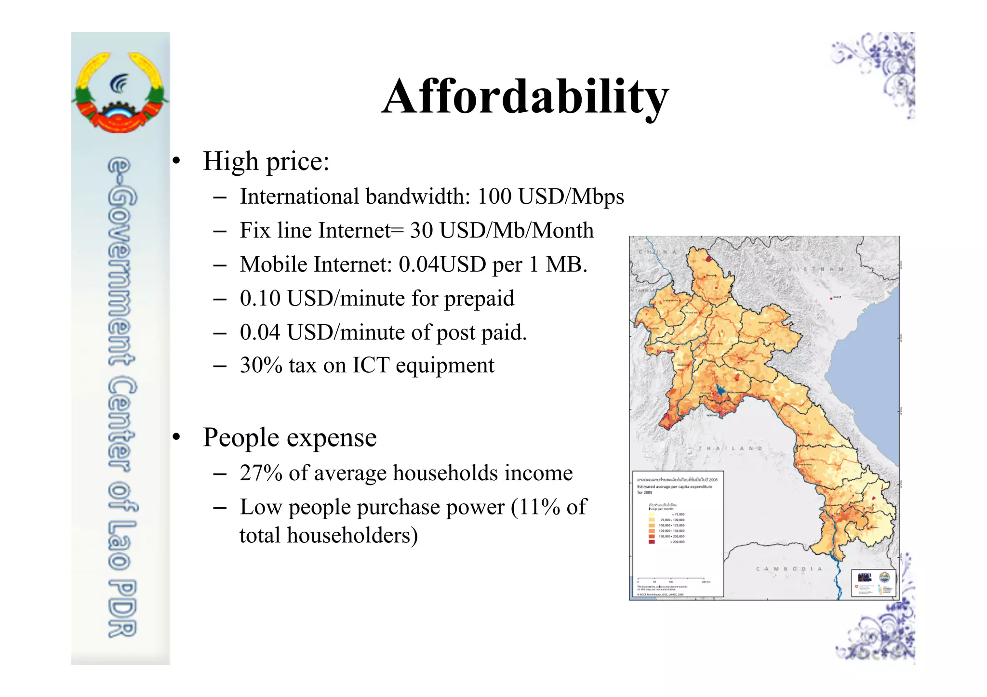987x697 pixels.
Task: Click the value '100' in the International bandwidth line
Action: pyautogui.click(x=494, y=197)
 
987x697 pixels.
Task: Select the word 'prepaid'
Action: pyautogui.click(x=479, y=299)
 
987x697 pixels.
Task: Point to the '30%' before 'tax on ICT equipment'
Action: pyautogui.click(x=261, y=365)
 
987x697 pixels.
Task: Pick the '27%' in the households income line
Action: pyautogui.click(x=261, y=473)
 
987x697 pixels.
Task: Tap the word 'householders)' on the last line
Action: pyautogui.click(x=352, y=536)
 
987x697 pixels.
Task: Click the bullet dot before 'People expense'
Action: pyautogui.click(x=177, y=437)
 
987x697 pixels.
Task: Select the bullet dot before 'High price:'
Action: pyautogui.click(x=177, y=161)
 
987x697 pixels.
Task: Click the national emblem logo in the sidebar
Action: pyautogui.click(x=120, y=92)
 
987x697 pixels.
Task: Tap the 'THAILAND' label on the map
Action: pyautogui.click(x=730, y=448)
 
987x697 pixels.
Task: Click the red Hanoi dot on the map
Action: pyautogui.click(x=831, y=298)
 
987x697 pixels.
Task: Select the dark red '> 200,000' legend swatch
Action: pyautogui.click(x=652, y=542)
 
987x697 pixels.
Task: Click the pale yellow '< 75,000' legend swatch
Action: pyautogui.click(x=652, y=514)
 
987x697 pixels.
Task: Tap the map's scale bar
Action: pyautogui.click(x=671, y=579)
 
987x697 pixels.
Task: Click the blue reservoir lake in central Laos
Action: pyautogui.click(x=720, y=389)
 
